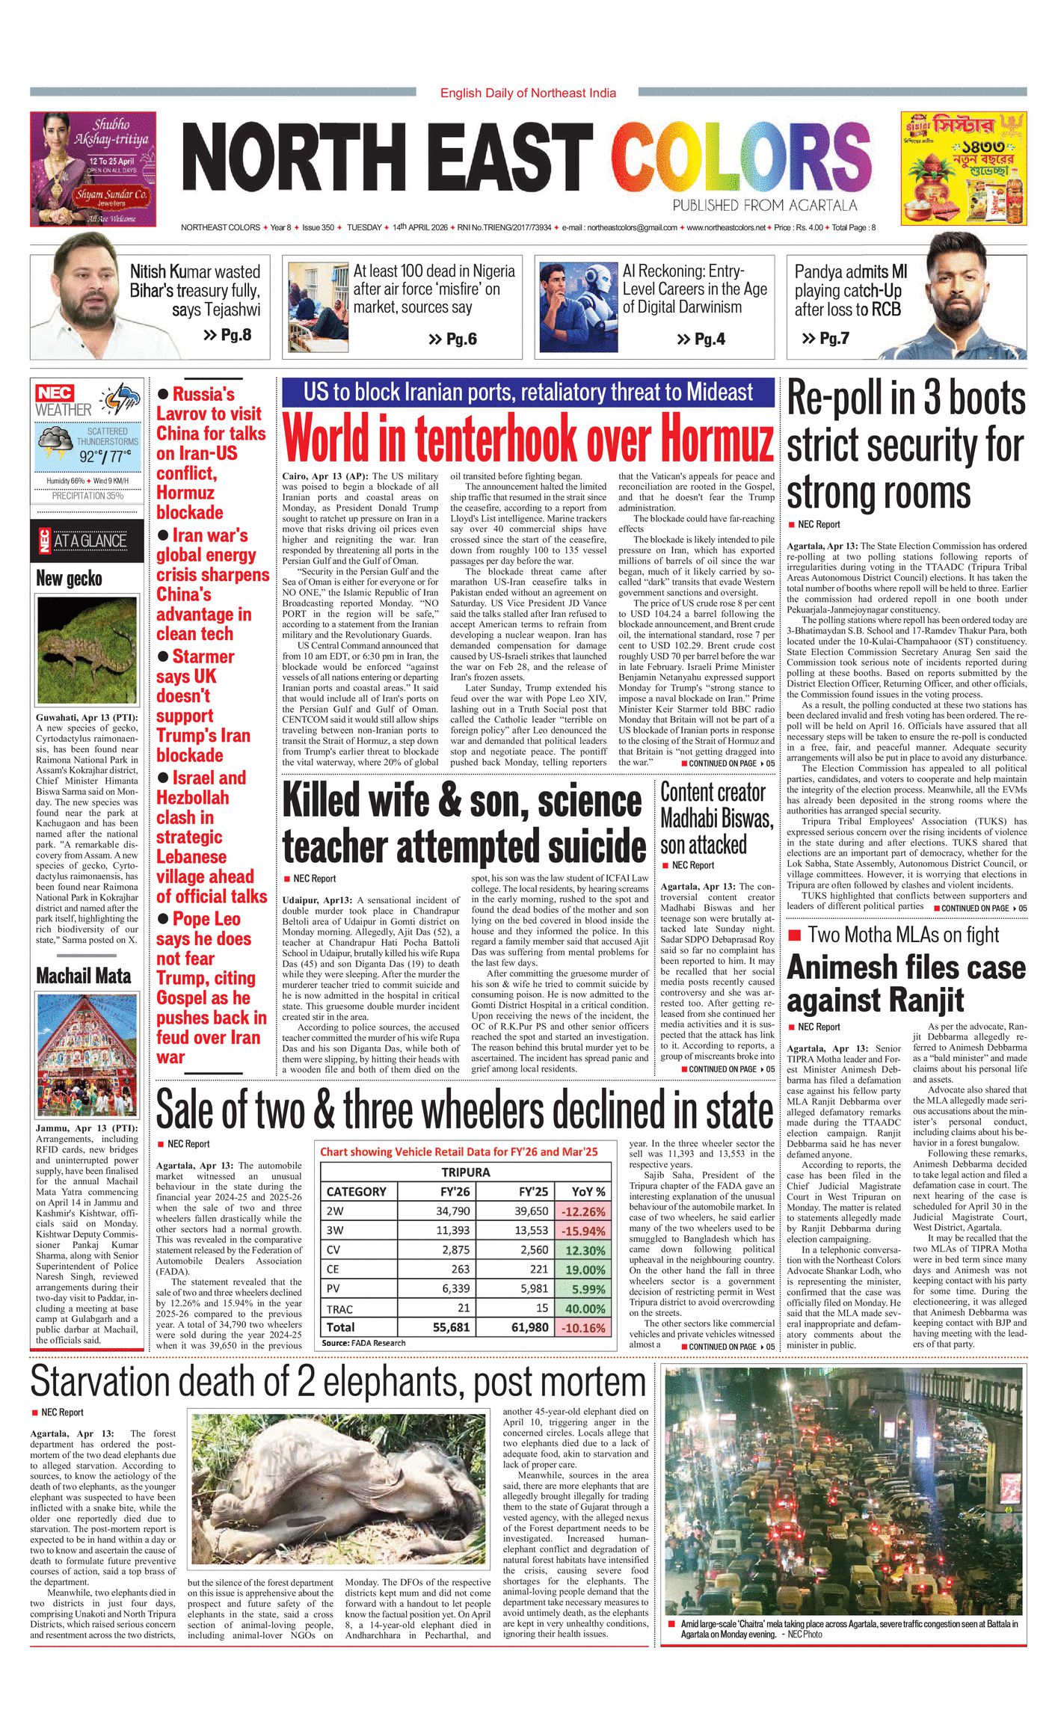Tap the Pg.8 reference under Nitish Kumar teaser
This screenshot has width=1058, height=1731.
pyautogui.click(x=228, y=335)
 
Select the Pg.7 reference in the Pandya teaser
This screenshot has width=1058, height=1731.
pyautogui.click(x=826, y=339)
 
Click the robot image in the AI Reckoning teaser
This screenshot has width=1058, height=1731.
pyautogui.click(x=577, y=306)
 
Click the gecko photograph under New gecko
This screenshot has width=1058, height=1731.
pyautogui.click(x=87, y=650)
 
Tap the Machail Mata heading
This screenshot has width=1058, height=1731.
pyautogui.click(x=84, y=976)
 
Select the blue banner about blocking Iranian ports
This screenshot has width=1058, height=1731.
pyautogui.click(x=528, y=393)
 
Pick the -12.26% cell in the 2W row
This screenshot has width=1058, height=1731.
pyautogui.click(x=584, y=1211)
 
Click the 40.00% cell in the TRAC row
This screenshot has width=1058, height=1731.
pyautogui.click(x=584, y=1309)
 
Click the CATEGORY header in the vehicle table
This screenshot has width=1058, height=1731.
pyautogui.click(x=357, y=1192)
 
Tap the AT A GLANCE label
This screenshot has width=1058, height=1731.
pyautogui.click(x=90, y=541)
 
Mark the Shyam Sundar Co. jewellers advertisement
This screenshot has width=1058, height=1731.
pyautogui.click(x=93, y=169)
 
